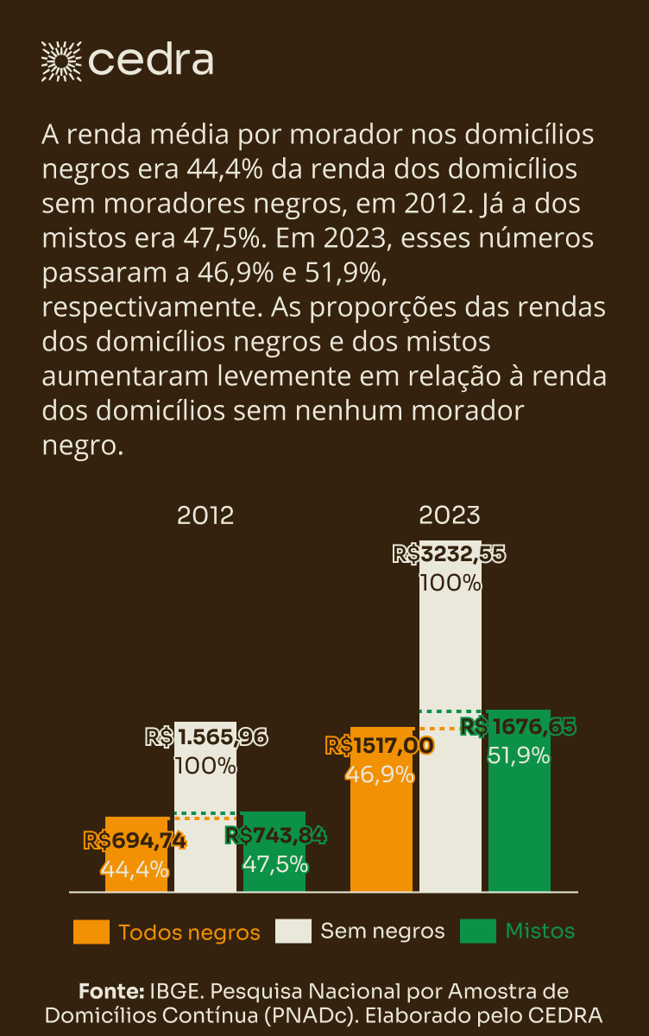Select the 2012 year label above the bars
click(205, 516)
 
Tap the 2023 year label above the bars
click(450, 516)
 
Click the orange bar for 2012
click(136, 872)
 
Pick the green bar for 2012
click(274, 876)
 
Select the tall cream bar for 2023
click(451, 656)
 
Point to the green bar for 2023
click(519, 829)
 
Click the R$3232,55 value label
click(450, 554)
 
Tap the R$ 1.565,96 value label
click(206, 737)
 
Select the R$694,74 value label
click(135, 839)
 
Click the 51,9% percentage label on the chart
click(519, 755)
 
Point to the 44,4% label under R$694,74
click(135, 868)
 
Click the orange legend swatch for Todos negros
click(91, 932)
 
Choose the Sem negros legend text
click(382, 931)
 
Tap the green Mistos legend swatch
click(478, 932)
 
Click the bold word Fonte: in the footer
click(111, 990)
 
